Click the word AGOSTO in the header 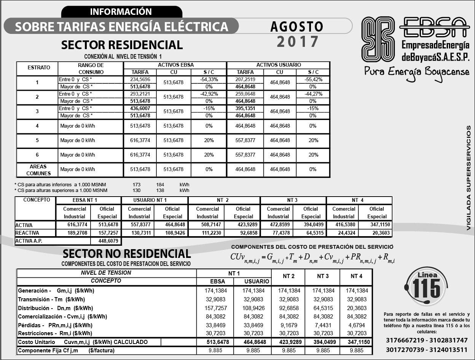[x=296, y=27]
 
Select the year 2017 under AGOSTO [x=297, y=42]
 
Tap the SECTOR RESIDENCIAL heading [x=122, y=45]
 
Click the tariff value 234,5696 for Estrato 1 [x=140, y=79]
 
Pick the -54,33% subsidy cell [x=209, y=79]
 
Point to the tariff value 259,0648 [x=245, y=94]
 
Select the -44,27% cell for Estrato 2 [x=313, y=94]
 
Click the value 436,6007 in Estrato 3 [x=140, y=109]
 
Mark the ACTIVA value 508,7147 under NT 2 [x=207, y=225]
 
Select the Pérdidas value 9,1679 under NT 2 [x=289, y=325]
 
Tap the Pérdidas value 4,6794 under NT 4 [x=356, y=325]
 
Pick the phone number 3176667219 [x=405, y=340]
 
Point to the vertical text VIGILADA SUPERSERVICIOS [x=469, y=178]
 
